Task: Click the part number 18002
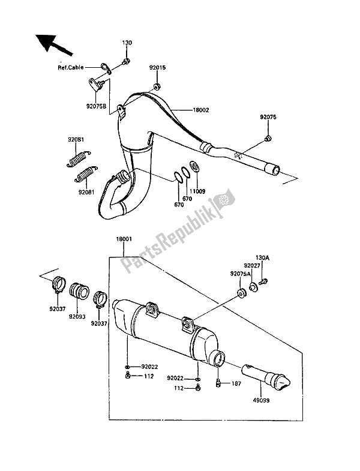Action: (200, 110)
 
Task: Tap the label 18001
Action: (124, 239)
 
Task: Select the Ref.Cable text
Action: (71, 68)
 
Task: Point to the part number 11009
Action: (198, 191)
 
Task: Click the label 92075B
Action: (96, 106)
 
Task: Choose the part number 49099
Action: (261, 400)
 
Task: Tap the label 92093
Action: (77, 317)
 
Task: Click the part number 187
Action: (236, 383)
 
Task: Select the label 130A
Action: (262, 257)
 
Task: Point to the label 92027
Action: (251, 266)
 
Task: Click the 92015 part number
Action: (157, 68)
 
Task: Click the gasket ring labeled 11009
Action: (194, 166)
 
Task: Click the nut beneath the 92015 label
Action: (157, 87)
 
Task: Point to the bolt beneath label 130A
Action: (263, 282)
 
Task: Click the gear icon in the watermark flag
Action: (223, 199)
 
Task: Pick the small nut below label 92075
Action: (268, 138)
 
